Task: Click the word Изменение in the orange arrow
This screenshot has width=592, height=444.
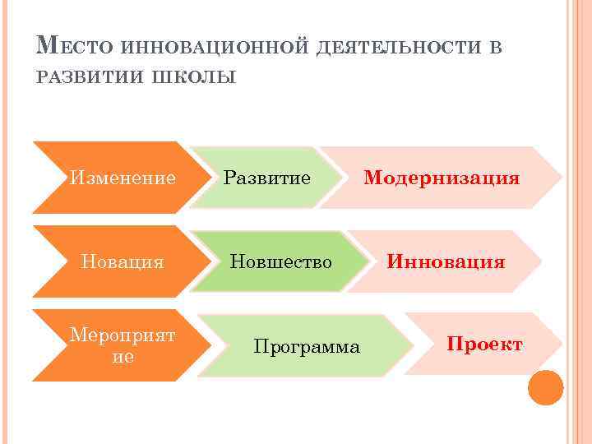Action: click(123, 178)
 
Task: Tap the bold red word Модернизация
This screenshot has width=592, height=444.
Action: click(442, 178)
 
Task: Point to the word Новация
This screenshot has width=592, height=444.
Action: click(123, 262)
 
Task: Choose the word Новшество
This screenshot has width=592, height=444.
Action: click(280, 262)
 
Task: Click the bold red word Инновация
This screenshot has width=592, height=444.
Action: click(446, 262)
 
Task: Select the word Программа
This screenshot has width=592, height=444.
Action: click(307, 347)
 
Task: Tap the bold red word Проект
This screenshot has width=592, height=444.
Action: click(484, 345)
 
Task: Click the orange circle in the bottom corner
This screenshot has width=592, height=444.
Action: click(545, 386)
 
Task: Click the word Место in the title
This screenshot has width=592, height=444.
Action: click(79, 46)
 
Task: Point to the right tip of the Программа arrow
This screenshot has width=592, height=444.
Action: click(411, 345)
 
